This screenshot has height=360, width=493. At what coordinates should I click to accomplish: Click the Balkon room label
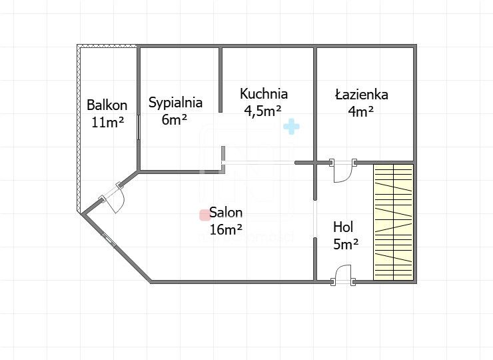point(107,105)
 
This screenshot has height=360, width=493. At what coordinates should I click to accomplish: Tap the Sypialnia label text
point(175,103)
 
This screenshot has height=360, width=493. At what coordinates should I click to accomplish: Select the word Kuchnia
point(264,94)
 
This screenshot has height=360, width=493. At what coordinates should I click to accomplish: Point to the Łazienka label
point(361,95)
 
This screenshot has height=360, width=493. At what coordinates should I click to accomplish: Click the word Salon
point(226,213)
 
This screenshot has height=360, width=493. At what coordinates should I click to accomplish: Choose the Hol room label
point(343,227)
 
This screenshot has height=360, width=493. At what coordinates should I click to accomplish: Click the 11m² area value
point(108,122)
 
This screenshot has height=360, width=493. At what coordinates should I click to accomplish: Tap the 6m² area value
point(175,120)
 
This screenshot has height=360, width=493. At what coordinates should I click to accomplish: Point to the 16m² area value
point(226,231)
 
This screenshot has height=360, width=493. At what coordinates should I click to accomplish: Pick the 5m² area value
point(346,244)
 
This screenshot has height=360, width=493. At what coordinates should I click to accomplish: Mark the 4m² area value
point(360,112)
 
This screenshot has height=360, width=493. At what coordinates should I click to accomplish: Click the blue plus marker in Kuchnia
point(291,126)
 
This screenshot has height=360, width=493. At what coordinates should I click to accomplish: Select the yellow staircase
point(393,221)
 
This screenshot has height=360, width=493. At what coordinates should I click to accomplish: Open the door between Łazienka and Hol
point(342,171)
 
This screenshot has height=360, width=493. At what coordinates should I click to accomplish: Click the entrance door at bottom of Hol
point(342,275)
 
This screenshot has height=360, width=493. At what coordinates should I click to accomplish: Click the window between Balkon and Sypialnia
point(139,127)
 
